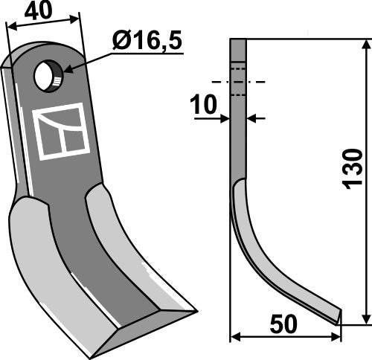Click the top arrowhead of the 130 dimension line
[365, 47]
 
